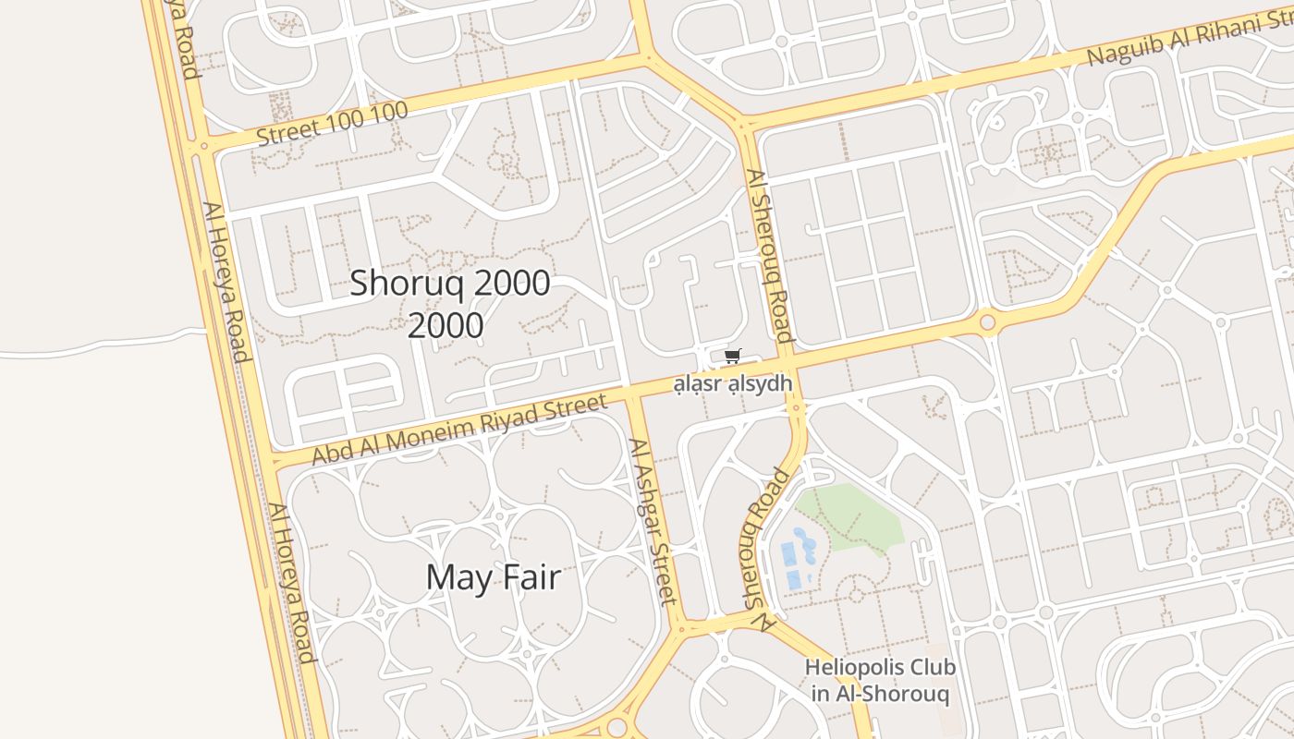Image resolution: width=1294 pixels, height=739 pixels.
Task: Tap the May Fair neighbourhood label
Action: click(x=494, y=577)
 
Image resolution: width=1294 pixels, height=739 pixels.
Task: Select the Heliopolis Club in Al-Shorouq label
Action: click(x=880, y=680)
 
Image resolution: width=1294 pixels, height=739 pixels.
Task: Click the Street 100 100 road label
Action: click(x=332, y=124)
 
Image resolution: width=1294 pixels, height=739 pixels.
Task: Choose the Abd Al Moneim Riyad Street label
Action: click(x=459, y=429)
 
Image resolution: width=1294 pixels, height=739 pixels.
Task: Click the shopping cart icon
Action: click(x=733, y=356)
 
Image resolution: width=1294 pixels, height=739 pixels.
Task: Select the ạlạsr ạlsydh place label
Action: click(x=733, y=383)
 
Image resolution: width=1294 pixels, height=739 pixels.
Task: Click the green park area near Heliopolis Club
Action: click(x=855, y=517)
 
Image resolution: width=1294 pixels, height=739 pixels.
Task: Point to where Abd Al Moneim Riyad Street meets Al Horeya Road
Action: click(x=269, y=459)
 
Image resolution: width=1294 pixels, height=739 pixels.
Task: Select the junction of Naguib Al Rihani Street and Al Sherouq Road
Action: click(x=744, y=124)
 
